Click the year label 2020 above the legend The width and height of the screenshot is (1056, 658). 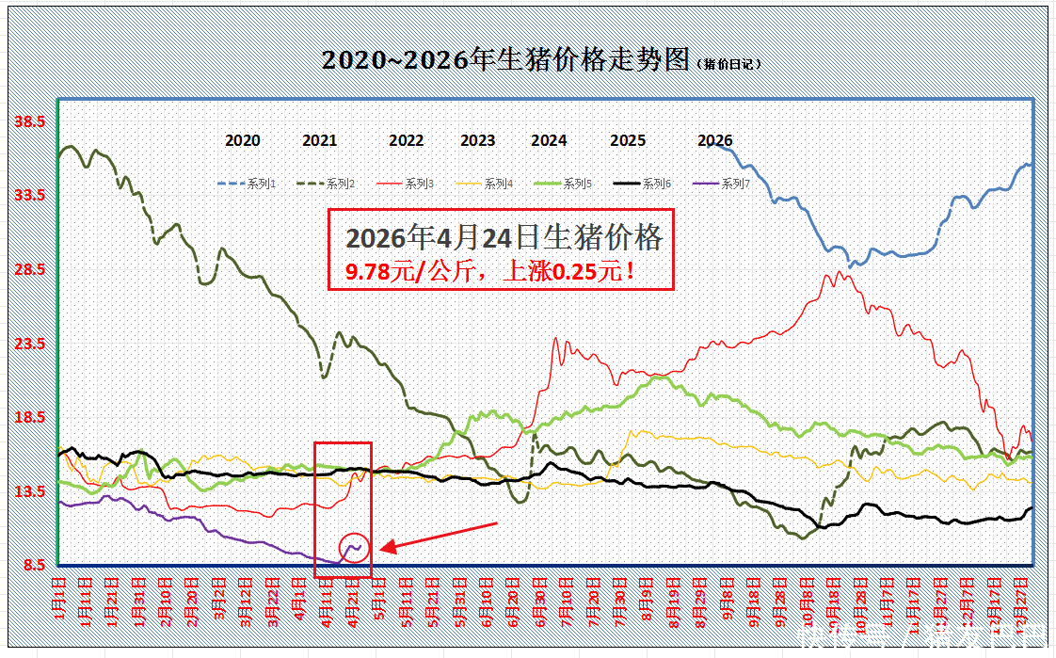tap(243, 141)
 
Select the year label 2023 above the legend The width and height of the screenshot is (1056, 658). tap(477, 141)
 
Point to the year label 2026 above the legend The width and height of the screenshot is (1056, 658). tap(715, 141)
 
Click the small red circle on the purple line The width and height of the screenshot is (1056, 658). tap(354, 548)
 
